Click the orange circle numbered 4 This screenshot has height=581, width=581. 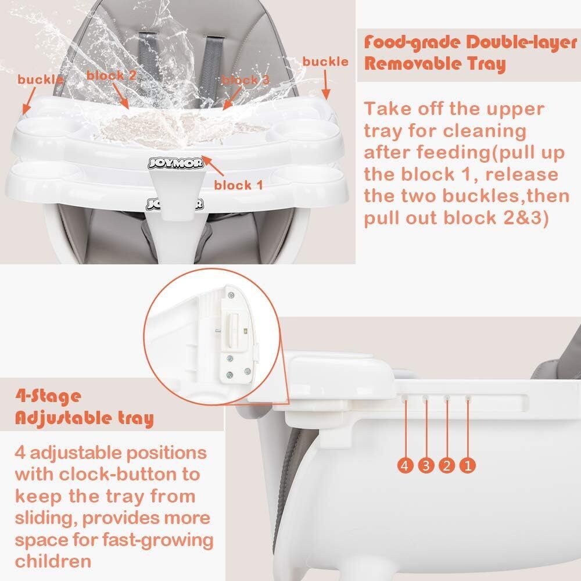(x=405, y=465)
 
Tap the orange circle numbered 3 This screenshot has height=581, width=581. (x=426, y=465)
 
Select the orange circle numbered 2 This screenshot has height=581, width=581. (x=447, y=465)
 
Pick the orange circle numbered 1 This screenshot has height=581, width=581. (x=468, y=465)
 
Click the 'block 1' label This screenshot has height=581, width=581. (x=239, y=185)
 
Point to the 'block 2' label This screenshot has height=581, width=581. (x=112, y=75)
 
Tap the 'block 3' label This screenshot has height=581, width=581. (x=245, y=80)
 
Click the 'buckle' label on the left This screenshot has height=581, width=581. (x=41, y=80)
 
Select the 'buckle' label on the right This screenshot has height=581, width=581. (x=325, y=62)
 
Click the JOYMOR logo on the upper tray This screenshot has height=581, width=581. (x=175, y=163)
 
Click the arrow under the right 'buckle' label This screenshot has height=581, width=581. (x=325, y=85)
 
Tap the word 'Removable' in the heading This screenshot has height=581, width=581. (x=412, y=64)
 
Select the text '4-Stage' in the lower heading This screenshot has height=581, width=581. (x=48, y=396)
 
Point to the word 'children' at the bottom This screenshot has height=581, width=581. (x=53, y=561)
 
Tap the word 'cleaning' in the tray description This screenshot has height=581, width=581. (x=485, y=132)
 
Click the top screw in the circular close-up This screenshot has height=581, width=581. (x=232, y=295)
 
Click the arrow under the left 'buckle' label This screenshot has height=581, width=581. (x=29, y=101)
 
